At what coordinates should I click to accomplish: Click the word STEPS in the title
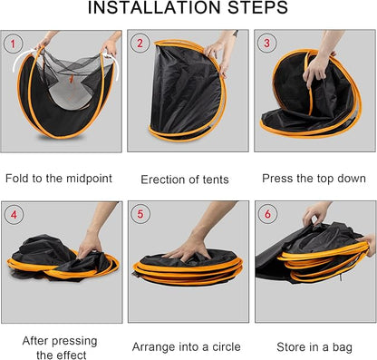(260, 9)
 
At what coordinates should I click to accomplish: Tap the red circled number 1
(13, 44)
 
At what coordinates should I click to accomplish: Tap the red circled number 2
(140, 44)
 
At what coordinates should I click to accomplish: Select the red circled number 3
(266, 44)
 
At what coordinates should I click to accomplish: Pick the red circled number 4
(13, 215)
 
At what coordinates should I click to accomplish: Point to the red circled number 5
(140, 215)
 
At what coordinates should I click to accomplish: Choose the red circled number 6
(266, 215)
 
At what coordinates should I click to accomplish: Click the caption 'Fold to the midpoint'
(61, 178)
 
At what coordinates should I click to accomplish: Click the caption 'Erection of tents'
(188, 179)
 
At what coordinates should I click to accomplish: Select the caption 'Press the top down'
(314, 178)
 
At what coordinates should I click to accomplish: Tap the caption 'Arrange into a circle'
(188, 346)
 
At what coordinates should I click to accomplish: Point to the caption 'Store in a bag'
(314, 346)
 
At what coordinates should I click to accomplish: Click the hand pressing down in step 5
(190, 247)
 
